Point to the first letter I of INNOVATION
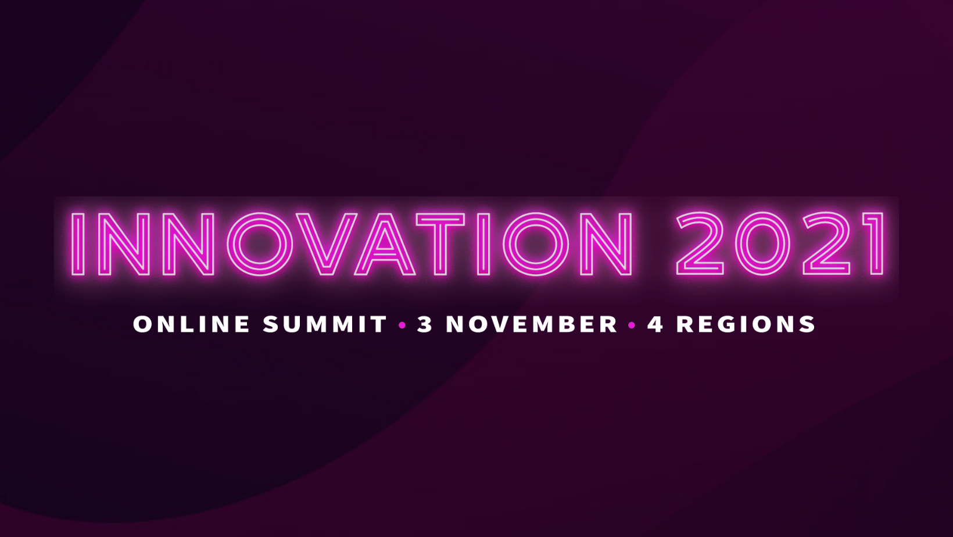[77, 244]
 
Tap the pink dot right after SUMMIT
[402, 325]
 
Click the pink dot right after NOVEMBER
[632, 325]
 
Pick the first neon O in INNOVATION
[233, 244]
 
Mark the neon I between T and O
[483, 244]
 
